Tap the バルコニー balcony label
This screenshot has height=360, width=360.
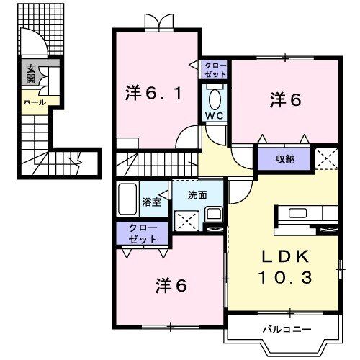click(286, 329)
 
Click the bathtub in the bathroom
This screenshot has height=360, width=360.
click(128, 199)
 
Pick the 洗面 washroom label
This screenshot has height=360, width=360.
click(197, 194)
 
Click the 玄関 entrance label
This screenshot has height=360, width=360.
click(31, 74)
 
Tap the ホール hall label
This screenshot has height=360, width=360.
click(34, 102)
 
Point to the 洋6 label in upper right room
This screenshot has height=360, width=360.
click(285, 101)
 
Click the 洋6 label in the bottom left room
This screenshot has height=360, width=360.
click(171, 285)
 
